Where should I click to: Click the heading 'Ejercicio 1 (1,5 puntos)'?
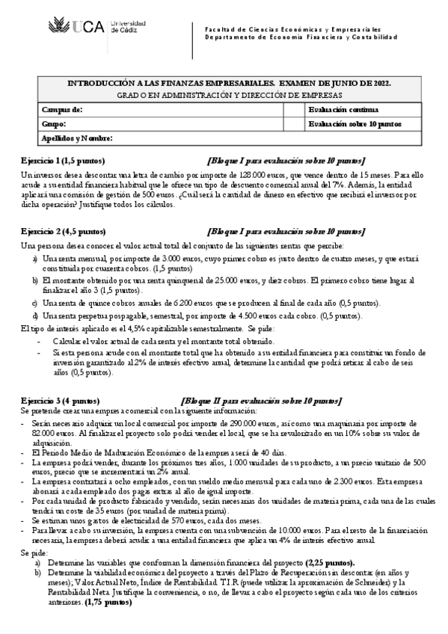pos(63,161)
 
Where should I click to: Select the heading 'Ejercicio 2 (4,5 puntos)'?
pos(63,232)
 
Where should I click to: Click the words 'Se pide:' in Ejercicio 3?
pos(33,552)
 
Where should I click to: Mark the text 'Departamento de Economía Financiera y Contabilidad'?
pos(301,36)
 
